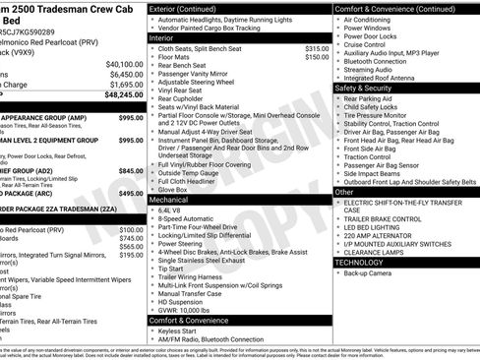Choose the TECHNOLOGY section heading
click(x=360, y=262)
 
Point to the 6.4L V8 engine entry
click(x=170, y=210)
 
